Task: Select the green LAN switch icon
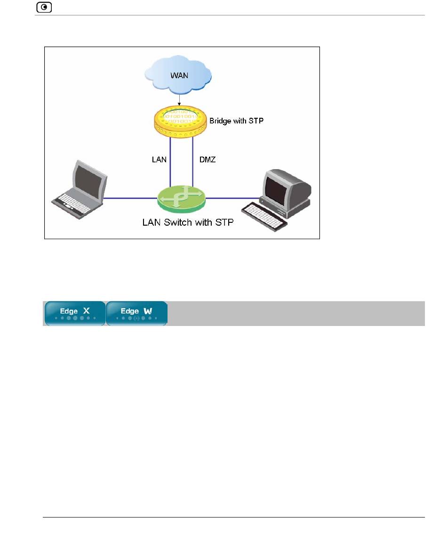tap(181, 198)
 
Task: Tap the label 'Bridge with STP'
tap(237, 121)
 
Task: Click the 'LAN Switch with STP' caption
tap(188, 222)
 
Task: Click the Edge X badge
tap(75, 313)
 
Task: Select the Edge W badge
tap(136, 313)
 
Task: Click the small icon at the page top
tap(44, 8)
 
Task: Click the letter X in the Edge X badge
tap(87, 311)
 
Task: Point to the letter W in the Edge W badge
tap(148, 311)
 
